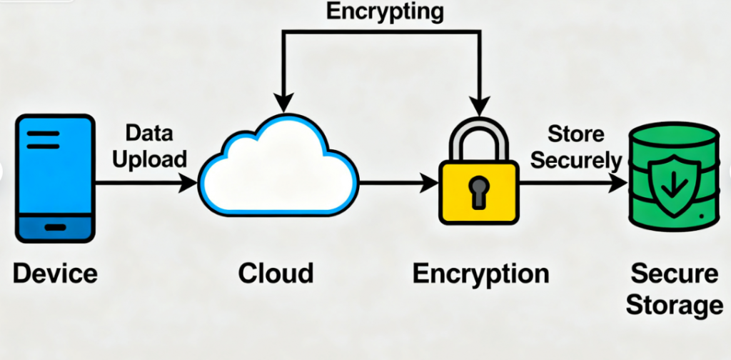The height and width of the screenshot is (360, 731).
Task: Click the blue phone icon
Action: (55, 179)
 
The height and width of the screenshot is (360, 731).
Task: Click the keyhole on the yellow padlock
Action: (477, 191)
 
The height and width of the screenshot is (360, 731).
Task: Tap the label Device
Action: (55, 273)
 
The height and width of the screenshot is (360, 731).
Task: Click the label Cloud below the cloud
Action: (276, 273)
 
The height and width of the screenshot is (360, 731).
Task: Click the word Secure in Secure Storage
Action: (674, 274)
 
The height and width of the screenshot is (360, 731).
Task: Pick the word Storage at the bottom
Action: (674, 306)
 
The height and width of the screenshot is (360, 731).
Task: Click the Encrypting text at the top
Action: (383, 11)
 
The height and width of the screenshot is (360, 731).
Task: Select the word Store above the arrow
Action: (575, 134)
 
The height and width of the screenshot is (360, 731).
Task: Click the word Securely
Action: (575, 160)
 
